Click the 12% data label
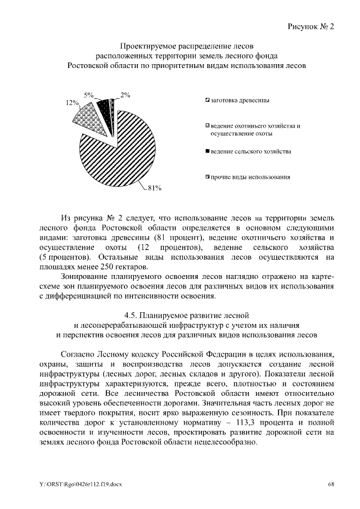(x=72, y=103)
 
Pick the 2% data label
(x=125, y=95)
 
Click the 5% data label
(x=88, y=95)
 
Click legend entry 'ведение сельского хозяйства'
(x=250, y=152)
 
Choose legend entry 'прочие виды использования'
(x=250, y=177)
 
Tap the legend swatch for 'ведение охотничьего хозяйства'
(x=208, y=126)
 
